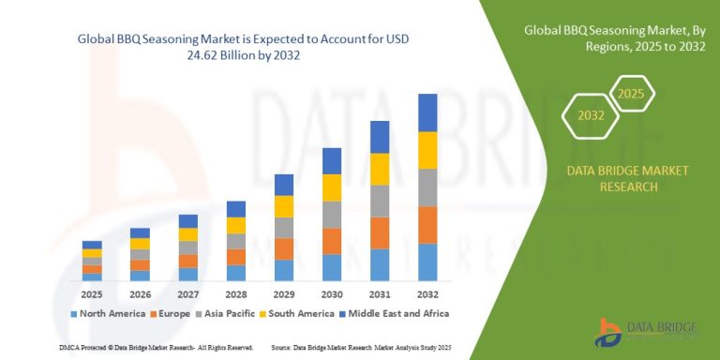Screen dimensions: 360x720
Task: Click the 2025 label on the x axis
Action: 92,292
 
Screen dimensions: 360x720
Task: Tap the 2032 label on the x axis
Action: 427,292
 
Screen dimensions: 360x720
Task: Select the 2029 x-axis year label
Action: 284,292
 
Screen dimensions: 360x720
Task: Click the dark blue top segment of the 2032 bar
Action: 427,112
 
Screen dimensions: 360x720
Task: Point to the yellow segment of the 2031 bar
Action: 380,169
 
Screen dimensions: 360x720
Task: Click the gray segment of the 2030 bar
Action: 332,215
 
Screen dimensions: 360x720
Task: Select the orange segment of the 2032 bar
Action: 427,225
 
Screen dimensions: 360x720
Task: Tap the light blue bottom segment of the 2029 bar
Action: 284,271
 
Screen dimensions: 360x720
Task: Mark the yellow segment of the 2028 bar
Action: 236,226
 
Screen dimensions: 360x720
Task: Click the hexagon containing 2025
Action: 632,95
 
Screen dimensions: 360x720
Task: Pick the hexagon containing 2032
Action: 590,117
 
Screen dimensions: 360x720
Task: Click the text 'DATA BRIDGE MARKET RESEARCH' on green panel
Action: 614,178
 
